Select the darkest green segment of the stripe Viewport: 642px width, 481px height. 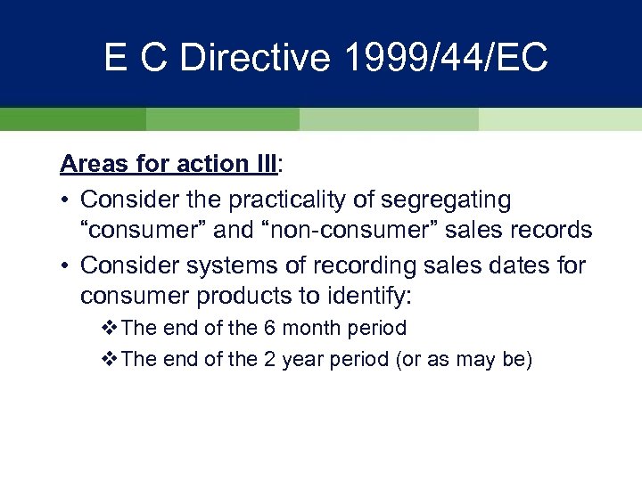[x=72, y=119]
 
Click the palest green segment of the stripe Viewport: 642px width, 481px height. [x=560, y=119]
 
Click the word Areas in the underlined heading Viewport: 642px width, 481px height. [x=92, y=165]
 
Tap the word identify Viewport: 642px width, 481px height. [x=364, y=293]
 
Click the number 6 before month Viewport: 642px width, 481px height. [x=268, y=328]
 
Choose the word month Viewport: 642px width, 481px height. [x=308, y=328]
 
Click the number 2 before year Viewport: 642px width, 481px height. [x=268, y=361]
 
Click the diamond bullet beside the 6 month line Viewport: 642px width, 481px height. [x=110, y=328]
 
